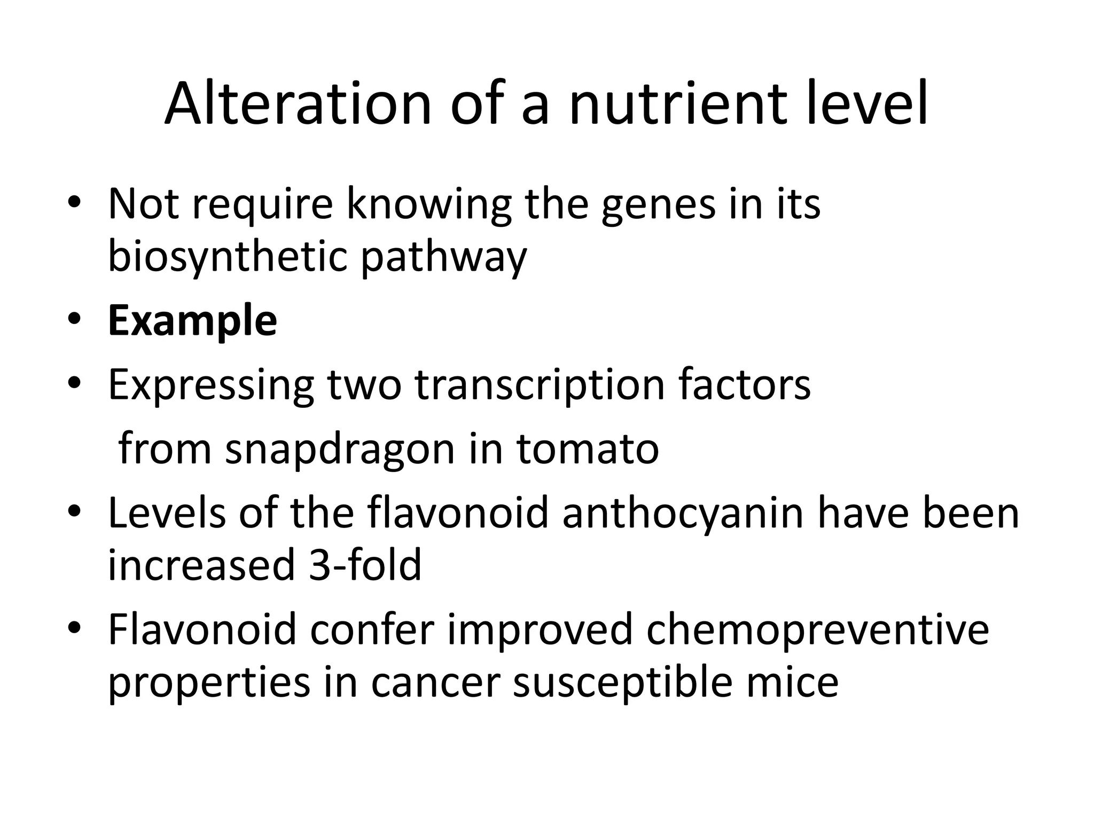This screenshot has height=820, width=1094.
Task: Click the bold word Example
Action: pos(192,321)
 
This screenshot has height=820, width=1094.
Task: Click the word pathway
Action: pos(444,257)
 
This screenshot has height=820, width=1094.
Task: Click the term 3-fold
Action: pos(365,565)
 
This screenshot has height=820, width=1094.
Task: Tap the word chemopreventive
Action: pos(817,630)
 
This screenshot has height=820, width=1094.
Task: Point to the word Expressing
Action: pos(211,386)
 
